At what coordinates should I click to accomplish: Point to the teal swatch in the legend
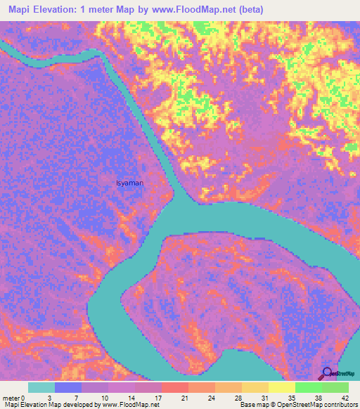coord(41,387)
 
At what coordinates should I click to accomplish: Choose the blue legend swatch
coord(68,387)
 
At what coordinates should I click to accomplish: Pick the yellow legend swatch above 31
coord(255,387)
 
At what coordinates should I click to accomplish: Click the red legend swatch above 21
coord(175,387)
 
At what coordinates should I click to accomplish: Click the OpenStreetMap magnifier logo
coord(327,373)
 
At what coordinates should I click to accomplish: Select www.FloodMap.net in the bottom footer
coord(129,405)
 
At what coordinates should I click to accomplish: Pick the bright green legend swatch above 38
coord(309,387)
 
